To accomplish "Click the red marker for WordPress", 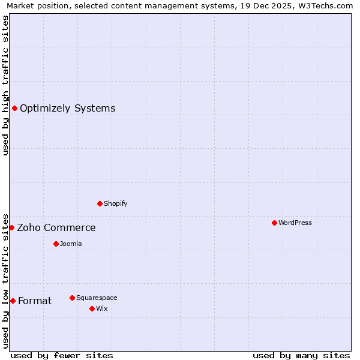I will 274,223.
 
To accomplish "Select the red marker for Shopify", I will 100,203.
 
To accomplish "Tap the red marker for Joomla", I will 56,244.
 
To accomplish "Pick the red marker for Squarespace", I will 72,298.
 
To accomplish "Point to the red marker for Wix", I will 92,308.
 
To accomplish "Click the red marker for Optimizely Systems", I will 14,108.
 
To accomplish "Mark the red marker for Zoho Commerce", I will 11,227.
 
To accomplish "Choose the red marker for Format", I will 13,301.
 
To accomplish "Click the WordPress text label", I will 295,223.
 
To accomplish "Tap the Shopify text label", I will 116,203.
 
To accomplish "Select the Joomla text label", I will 71,244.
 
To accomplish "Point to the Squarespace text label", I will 97,298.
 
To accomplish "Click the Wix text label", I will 101,308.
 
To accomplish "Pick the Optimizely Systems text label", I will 68,108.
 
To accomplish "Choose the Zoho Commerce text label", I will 56,227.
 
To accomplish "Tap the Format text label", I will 35,301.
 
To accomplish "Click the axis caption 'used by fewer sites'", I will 62,355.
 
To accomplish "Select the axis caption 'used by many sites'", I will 301,355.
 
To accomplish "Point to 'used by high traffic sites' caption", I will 5,85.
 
